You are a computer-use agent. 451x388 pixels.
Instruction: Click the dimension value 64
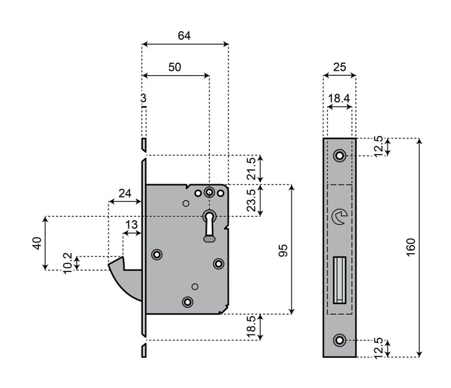(184, 36)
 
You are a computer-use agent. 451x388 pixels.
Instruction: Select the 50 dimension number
(175, 67)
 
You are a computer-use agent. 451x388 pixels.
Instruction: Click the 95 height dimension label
(283, 249)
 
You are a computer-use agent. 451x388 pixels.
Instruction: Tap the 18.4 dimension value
(339, 98)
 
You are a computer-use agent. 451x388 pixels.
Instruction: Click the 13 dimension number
(132, 224)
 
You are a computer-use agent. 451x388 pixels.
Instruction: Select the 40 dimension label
(37, 243)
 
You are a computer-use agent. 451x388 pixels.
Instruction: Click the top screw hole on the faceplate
(340, 155)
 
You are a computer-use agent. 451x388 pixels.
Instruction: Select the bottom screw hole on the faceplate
(340, 340)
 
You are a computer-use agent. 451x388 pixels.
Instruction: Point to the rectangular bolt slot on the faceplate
(340, 279)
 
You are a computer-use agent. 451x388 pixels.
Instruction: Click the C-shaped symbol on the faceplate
(339, 217)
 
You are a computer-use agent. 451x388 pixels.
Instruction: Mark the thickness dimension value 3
(143, 99)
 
